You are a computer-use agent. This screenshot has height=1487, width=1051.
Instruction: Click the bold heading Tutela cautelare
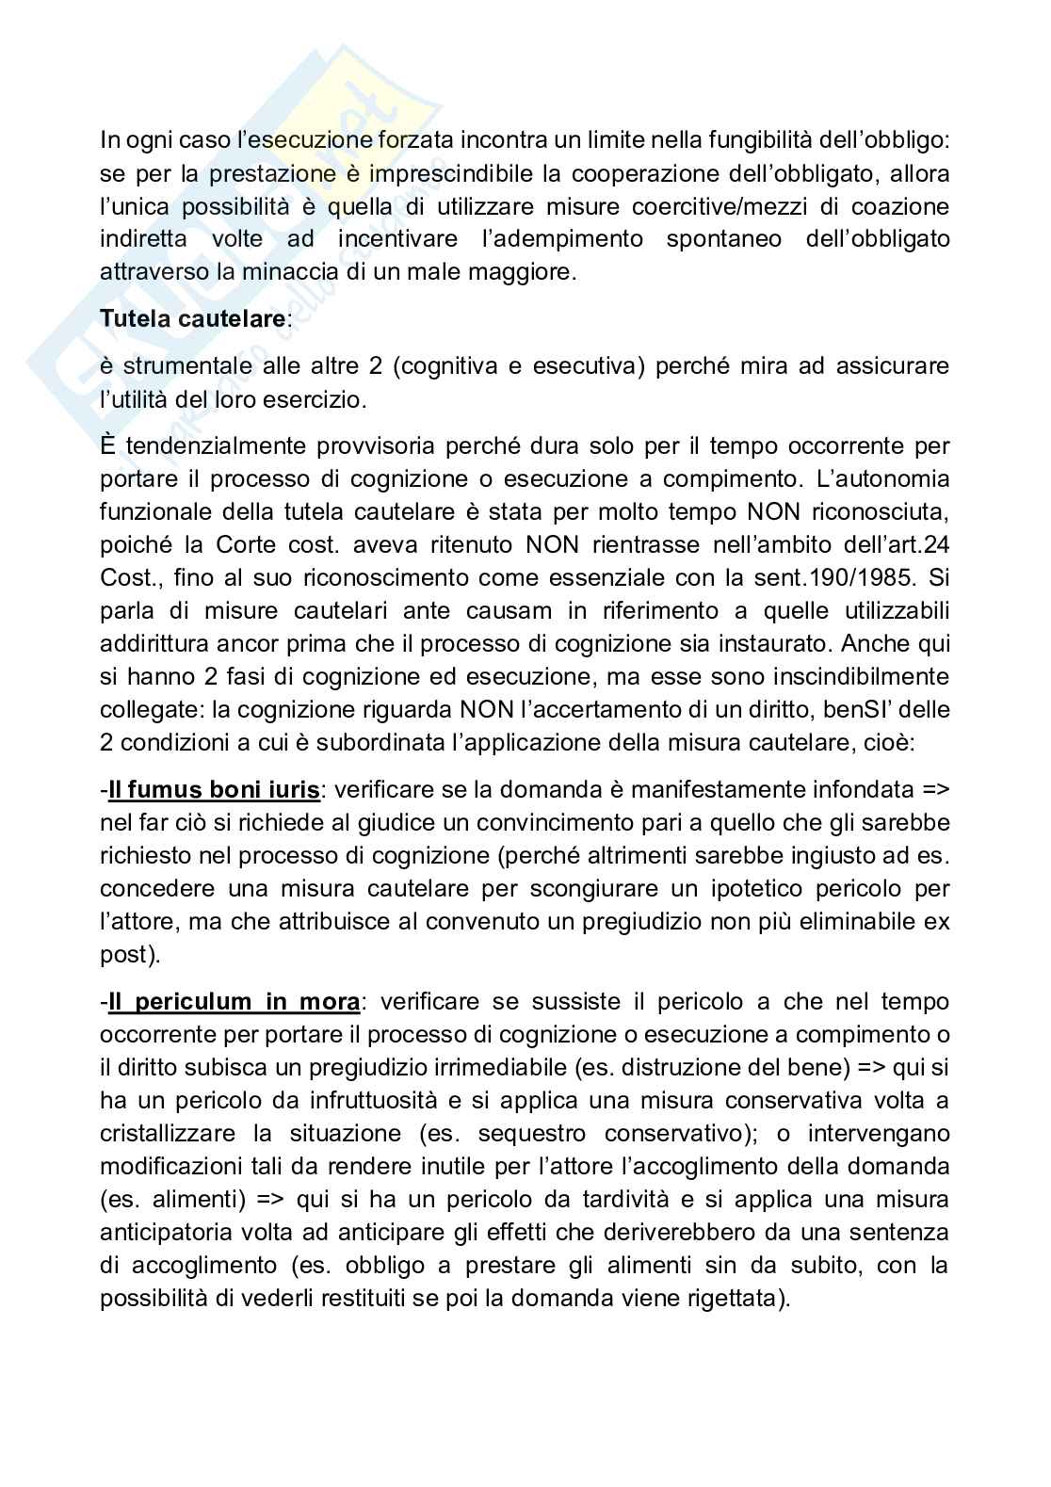tap(192, 318)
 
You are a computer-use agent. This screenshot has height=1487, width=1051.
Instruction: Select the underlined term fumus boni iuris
tap(213, 789)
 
